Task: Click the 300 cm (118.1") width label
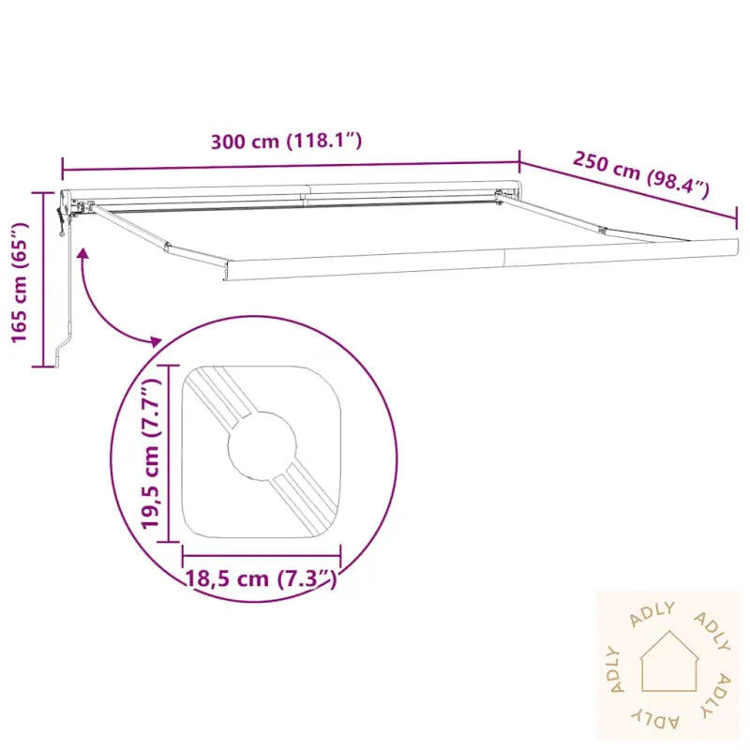click(286, 142)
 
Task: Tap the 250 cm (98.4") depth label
click(641, 174)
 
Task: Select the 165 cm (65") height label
click(20, 282)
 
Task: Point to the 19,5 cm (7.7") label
click(150, 453)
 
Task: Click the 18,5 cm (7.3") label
click(262, 578)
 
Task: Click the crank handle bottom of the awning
click(61, 353)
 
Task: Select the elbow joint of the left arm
click(167, 247)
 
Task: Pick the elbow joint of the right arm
click(603, 231)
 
